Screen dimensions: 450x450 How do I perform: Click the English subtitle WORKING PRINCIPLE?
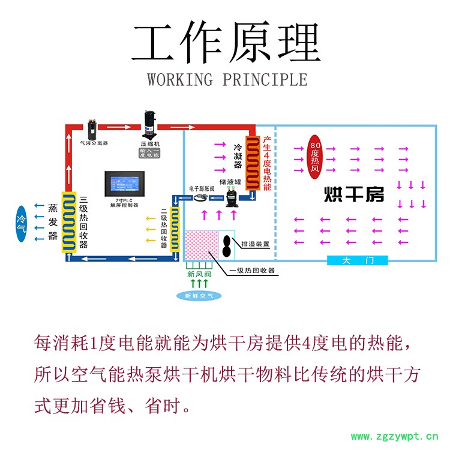coord(227,79)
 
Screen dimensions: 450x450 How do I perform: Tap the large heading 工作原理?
coord(226,44)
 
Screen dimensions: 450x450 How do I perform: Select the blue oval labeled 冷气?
coord(21,224)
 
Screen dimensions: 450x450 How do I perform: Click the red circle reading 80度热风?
coord(316,155)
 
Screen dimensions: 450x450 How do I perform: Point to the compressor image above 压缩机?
coord(149,124)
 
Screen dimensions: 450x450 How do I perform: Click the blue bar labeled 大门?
coord(358,260)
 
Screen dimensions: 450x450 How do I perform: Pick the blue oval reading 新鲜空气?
coord(199,295)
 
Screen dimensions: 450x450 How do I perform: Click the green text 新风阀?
coord(199,275)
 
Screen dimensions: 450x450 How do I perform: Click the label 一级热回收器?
coord(252,271)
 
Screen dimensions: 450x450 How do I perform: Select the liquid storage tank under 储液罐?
coord(231,197)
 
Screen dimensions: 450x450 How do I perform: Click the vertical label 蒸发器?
coord(52,222)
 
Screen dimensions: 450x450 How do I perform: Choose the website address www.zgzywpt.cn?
coord(394,436)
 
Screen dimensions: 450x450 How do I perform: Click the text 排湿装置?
coord(255,244)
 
